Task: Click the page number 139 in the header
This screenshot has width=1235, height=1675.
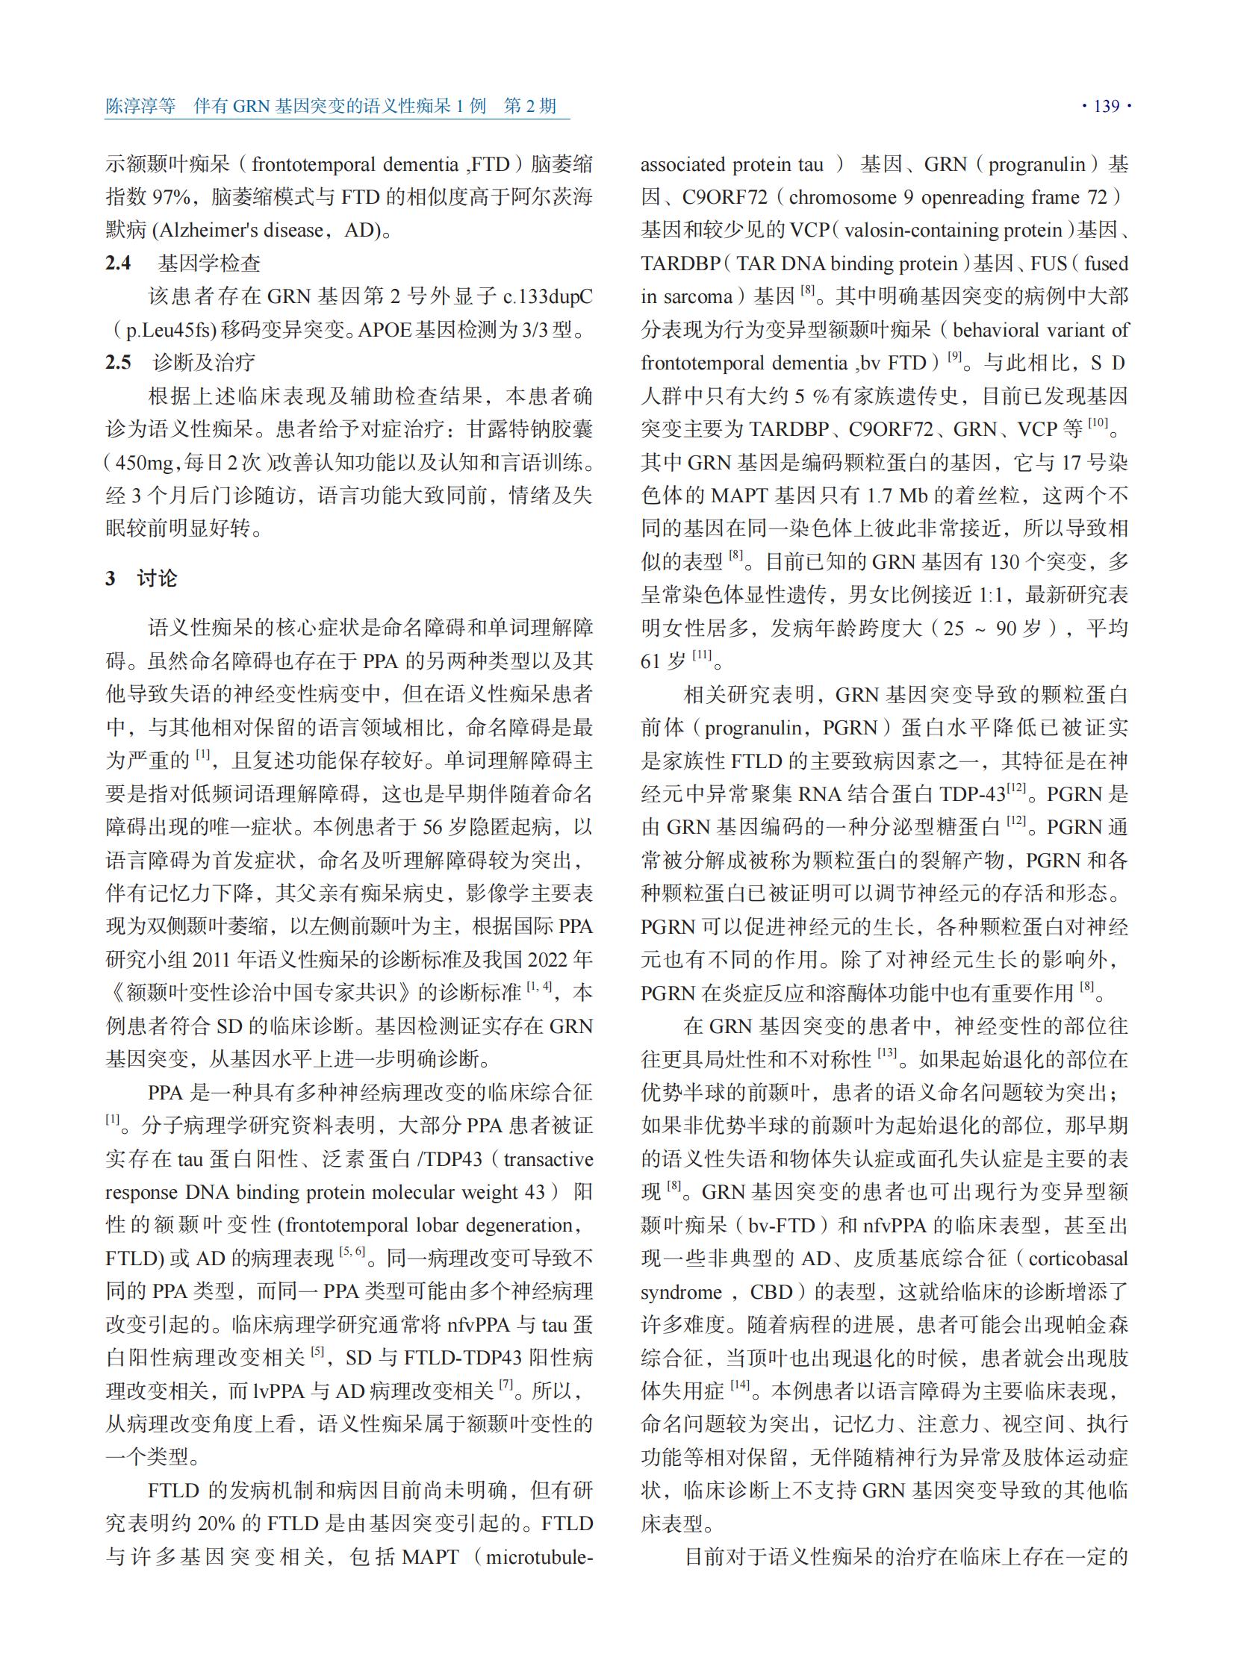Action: pyautogui.click(x=1107, y=106)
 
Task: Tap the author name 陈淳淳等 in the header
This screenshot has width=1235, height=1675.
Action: pyautogui.click(x=140, y=106)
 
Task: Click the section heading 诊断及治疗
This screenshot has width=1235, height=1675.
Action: pyautogui.click(x=204, y=363)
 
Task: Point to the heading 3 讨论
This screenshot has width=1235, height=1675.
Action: pyautogui.click(x=141, y=578)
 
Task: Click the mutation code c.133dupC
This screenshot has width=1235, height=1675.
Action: pyautogui.click(x=548, y=297)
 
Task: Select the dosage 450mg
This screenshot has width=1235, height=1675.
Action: pyautogui.click(x=145, y=463)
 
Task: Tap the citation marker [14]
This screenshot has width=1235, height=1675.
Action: pyautogui.click(x=740, y=1385)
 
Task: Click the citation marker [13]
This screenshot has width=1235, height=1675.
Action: pyautogui.click(x=887, y=1053)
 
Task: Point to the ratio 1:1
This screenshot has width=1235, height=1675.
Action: pyautogui.click(x=995, y=595)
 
